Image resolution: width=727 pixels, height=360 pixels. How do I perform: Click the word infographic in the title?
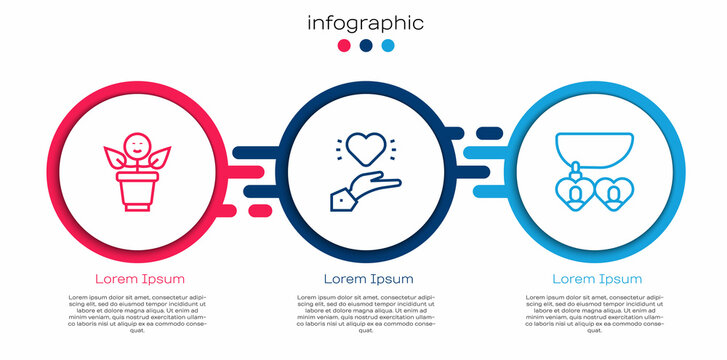click(x=365, y=23)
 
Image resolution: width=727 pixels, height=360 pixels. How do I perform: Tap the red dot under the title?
click(x=345, y=46)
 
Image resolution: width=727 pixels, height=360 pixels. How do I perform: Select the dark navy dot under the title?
click(x=366, y=46)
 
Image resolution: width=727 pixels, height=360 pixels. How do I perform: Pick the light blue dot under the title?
click(x=387, y=46)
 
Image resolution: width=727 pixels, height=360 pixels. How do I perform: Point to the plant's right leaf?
click(x=160, y=157)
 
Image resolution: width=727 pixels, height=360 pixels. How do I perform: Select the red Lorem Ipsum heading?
click(x=139, y=278)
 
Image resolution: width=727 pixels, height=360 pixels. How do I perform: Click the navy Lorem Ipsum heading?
click(x=367, y=278)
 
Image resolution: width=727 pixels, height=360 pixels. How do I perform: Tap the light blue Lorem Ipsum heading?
click(x=597, y=278)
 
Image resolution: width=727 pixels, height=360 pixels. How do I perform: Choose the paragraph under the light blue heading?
click(x=597, y=314)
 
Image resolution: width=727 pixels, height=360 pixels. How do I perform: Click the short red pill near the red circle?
click(x=258, y=209)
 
